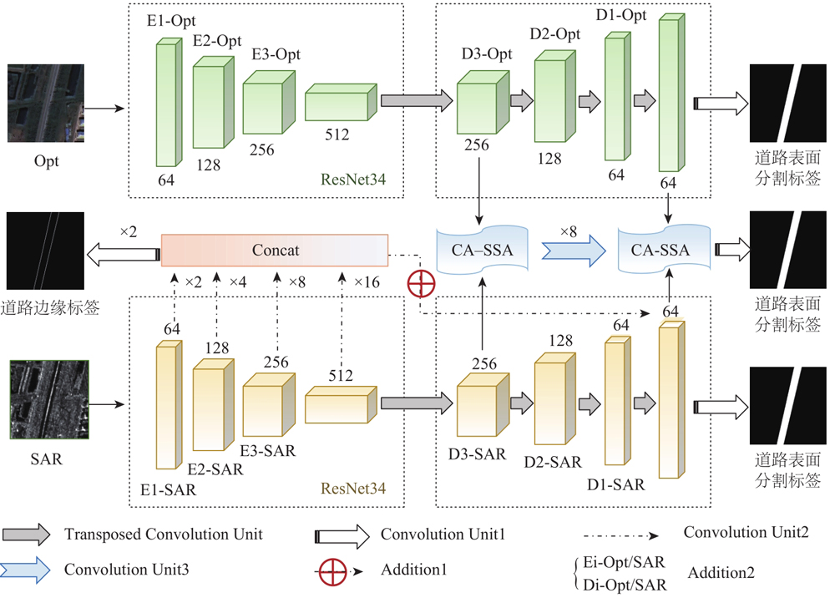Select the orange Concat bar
coord(275,250)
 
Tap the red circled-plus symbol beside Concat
coord(422,283)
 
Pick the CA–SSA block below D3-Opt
coord(483,249)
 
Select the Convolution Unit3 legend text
coord(126,570)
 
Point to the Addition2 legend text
coord(722,573)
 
